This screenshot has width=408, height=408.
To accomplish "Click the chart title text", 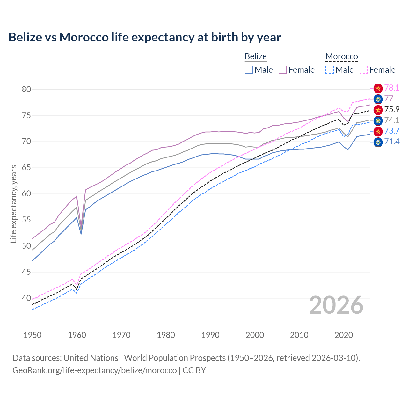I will coord(145,37).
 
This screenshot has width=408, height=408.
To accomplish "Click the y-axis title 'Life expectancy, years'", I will coord(13,204).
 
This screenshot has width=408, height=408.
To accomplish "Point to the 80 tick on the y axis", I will coord(26,89).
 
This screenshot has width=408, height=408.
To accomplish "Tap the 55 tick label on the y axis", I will coord(26,220).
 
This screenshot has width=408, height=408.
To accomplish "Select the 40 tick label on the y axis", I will coord(26,298).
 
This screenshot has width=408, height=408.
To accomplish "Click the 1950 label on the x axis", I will coord(33,335).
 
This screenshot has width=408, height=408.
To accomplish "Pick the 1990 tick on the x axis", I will coord(210,335).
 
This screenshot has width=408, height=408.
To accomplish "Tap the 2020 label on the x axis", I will coord(344,335).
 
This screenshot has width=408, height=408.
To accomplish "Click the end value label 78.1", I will coord(392,88).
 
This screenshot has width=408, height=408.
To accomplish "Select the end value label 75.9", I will coord(392,110).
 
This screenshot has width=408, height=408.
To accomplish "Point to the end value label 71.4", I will coord(392,142).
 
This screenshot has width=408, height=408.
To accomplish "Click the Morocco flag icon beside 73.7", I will coord(378,131).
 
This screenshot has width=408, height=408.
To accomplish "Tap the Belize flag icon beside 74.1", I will coord(378,120).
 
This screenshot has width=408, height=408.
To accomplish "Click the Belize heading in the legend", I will coord(256,57).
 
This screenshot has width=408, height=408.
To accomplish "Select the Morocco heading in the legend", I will coord(342,57).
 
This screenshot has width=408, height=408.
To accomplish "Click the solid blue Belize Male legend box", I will coord(249,70).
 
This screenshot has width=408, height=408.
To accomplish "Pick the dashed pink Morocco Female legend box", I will coord(364,70).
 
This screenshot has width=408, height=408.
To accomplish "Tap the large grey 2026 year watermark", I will coord(336,305).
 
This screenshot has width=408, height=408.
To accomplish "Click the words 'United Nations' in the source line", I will coord(91,358).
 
